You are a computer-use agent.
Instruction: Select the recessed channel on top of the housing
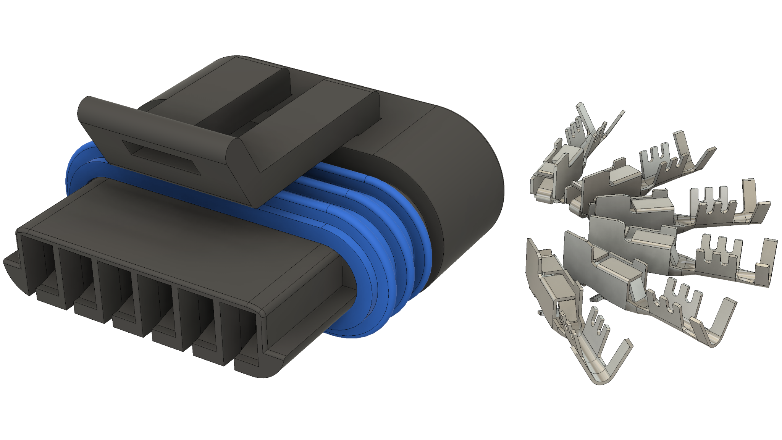pyautogui.click(x=244, y=95)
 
